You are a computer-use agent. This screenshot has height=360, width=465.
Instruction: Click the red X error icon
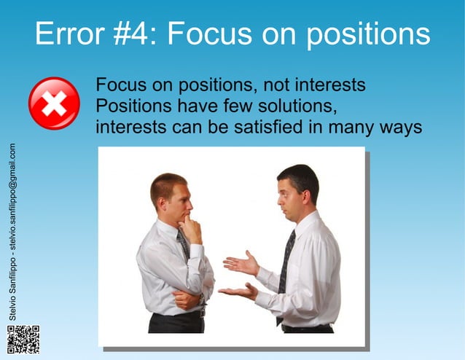point(53,103)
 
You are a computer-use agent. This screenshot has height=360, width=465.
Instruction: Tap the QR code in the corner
point(23,340)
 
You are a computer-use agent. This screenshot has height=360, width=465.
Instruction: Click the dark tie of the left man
point(184,245)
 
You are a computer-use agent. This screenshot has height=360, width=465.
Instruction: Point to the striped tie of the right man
point(286,262)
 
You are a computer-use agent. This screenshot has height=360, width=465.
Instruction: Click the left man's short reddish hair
point(167,184)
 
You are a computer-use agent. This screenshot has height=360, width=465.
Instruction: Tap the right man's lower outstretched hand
point(238,291)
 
